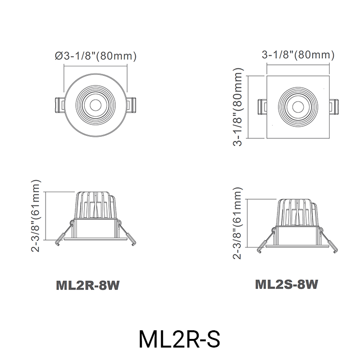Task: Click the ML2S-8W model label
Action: tap(286, 284)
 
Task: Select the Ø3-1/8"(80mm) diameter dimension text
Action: tap(96, 56)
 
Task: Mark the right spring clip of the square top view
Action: tap(334, 107)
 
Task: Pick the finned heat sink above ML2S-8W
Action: tap(298, 211)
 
